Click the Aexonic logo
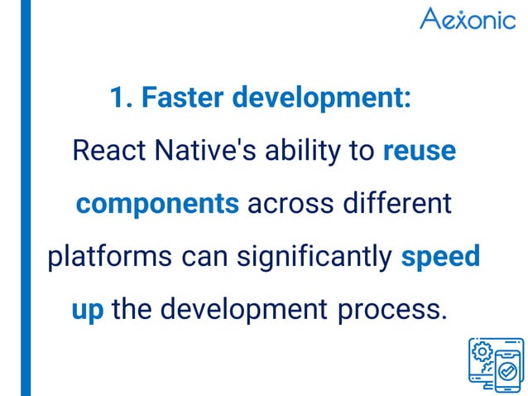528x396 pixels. point(467,18)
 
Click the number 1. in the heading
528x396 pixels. point(121,98)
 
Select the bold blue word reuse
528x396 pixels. point(419,151)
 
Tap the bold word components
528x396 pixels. point(158,204)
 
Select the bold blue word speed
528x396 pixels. point(440,257)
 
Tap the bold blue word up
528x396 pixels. point(88,310)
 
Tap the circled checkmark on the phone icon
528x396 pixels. point(509,370)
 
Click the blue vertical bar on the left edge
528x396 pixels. point(26,198)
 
